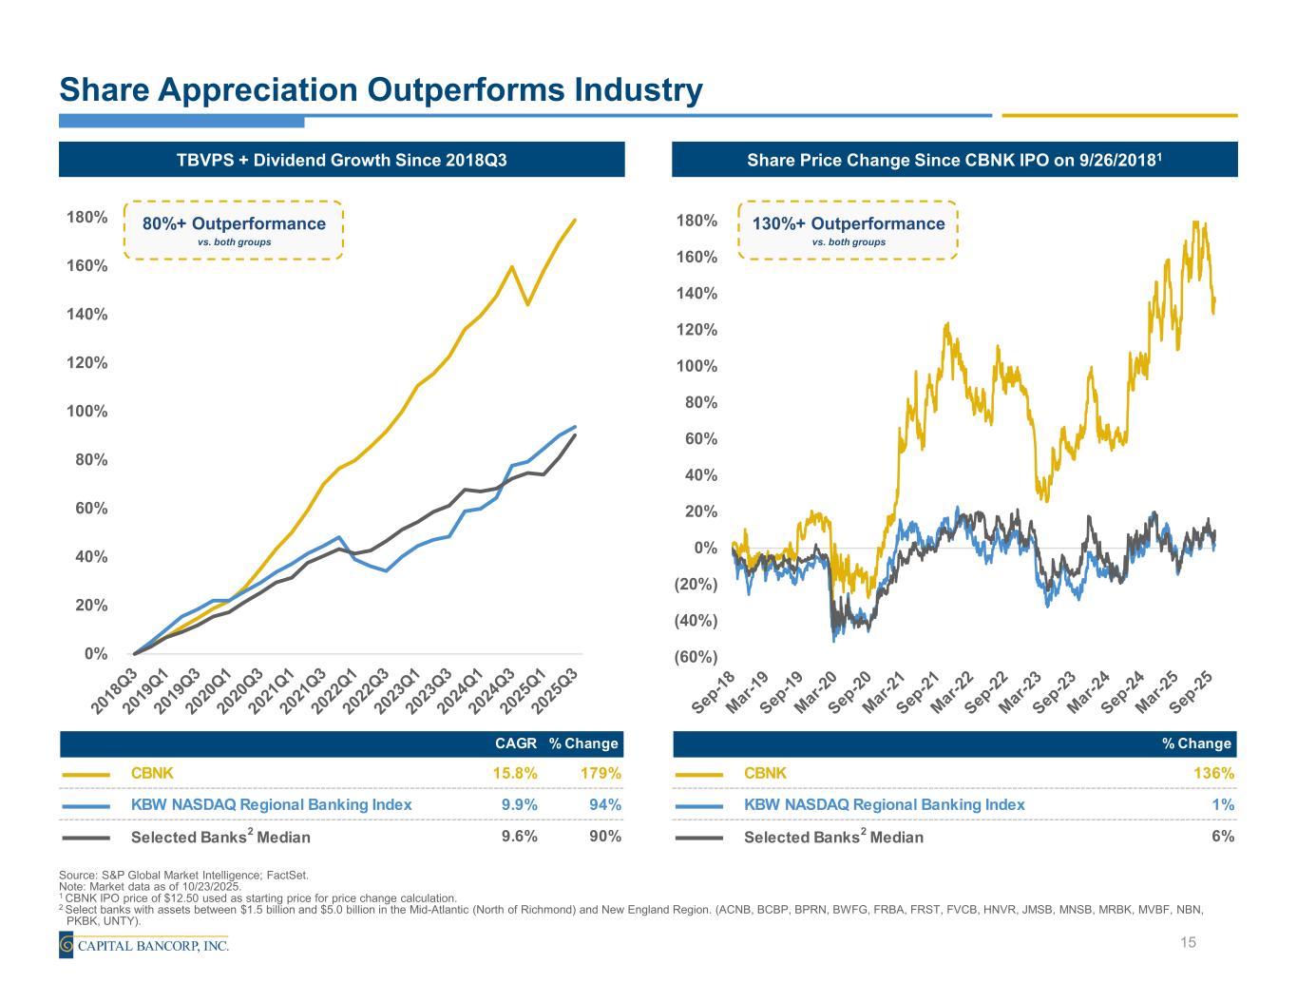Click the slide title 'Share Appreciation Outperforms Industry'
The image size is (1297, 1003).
(x=380, y=90)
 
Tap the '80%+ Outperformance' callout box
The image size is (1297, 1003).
(x=234, y=230)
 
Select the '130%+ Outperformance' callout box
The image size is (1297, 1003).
(x=848, y=230)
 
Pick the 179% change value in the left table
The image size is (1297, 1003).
(x=601, y=773)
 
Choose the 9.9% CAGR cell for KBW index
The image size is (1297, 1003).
(x=519, y=804)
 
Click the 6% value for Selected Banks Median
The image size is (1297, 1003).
(x=1223, y=836)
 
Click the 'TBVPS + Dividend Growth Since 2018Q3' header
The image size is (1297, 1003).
(x=342, y=160)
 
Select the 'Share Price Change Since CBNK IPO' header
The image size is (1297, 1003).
(x=954, y=160)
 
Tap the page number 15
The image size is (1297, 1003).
(x=1187, y=942)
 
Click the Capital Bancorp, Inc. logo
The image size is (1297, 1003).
(x=143, y=945)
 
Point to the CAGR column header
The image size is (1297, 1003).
(x=516, y=743)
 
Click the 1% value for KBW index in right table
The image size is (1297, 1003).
(x=1226, y=804)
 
